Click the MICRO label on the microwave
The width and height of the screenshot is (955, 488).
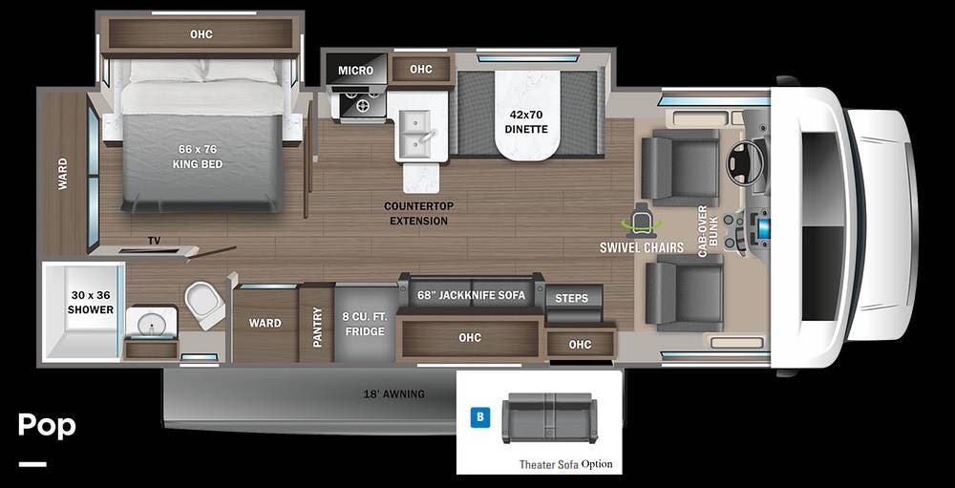click(x=355, y=71)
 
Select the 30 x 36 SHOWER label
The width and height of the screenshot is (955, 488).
click(x=91, y=302)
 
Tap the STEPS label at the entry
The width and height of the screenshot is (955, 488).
click(x=572, y=299)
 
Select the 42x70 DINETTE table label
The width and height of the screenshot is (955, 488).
click(x=526, y=121)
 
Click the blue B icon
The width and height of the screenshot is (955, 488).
click(x=480, y=417)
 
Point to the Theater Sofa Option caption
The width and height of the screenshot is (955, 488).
click(x=565, y=464)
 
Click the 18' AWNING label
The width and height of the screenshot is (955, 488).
click(x=394, y=394)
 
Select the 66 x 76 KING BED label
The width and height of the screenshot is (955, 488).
click(x=198, y=157)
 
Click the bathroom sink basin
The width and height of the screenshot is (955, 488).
click(x=151, y=324)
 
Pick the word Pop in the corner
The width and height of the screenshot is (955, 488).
click(x=47, y=425)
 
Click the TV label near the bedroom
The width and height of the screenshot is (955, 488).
click(x=154, y=242)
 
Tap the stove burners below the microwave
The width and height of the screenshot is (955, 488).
click(x=363, y=106)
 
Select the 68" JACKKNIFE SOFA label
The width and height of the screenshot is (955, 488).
click(x=472, y=295)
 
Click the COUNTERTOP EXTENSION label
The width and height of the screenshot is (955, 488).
click(x=419, y=213)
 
